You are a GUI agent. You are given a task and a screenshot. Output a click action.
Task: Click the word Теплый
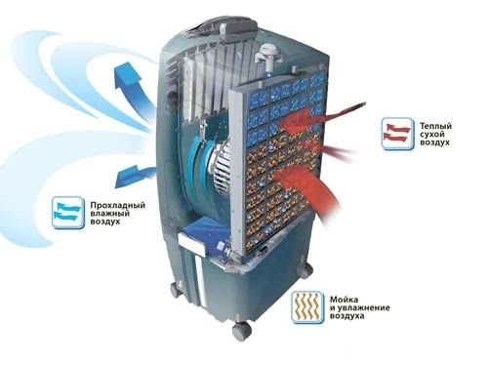tap(435, 126)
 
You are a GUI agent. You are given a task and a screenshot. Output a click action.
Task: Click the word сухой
tap(432, 134)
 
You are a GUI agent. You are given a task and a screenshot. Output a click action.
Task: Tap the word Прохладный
tap(118, 206)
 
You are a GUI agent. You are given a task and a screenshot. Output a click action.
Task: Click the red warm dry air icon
tap(397, 134)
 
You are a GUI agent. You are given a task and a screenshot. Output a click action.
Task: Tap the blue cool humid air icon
tap(68, 212)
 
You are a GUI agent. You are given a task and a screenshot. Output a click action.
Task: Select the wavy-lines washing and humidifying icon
tap(307, 307)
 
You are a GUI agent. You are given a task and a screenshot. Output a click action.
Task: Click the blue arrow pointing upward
tap(135, 90)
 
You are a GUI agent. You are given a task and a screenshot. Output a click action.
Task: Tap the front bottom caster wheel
tap(242, 331)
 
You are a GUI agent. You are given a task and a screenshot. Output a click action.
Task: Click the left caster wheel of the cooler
tap(176, 289)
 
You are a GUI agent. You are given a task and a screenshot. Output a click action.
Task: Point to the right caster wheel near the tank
tap(305, 270)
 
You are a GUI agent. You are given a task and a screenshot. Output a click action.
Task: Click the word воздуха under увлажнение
tap(347, 316)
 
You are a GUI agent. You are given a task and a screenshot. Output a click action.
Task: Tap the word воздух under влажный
tap(105, 223)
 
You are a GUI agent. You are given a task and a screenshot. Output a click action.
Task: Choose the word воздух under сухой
tap(434, 142)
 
